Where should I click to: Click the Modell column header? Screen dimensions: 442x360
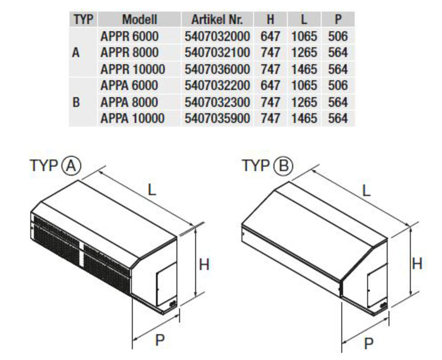click(x=139, y=19)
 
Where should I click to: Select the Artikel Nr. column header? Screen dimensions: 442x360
click(x=217, y=19)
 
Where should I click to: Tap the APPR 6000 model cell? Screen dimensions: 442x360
click(x=130, y=36)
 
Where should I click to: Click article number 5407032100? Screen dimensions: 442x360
click(x=217, y=53)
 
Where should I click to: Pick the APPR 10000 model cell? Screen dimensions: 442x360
click(x=133, y=69)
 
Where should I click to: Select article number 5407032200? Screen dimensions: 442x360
click(x=217, y=86)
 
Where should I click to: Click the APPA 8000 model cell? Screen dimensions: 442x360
click(x=129, y=102)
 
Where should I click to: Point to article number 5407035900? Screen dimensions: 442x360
click(x=217, y=118)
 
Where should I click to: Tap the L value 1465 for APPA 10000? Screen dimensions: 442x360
click(x=304, y=118)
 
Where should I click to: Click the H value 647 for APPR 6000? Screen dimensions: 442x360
click(x=271, y=36)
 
